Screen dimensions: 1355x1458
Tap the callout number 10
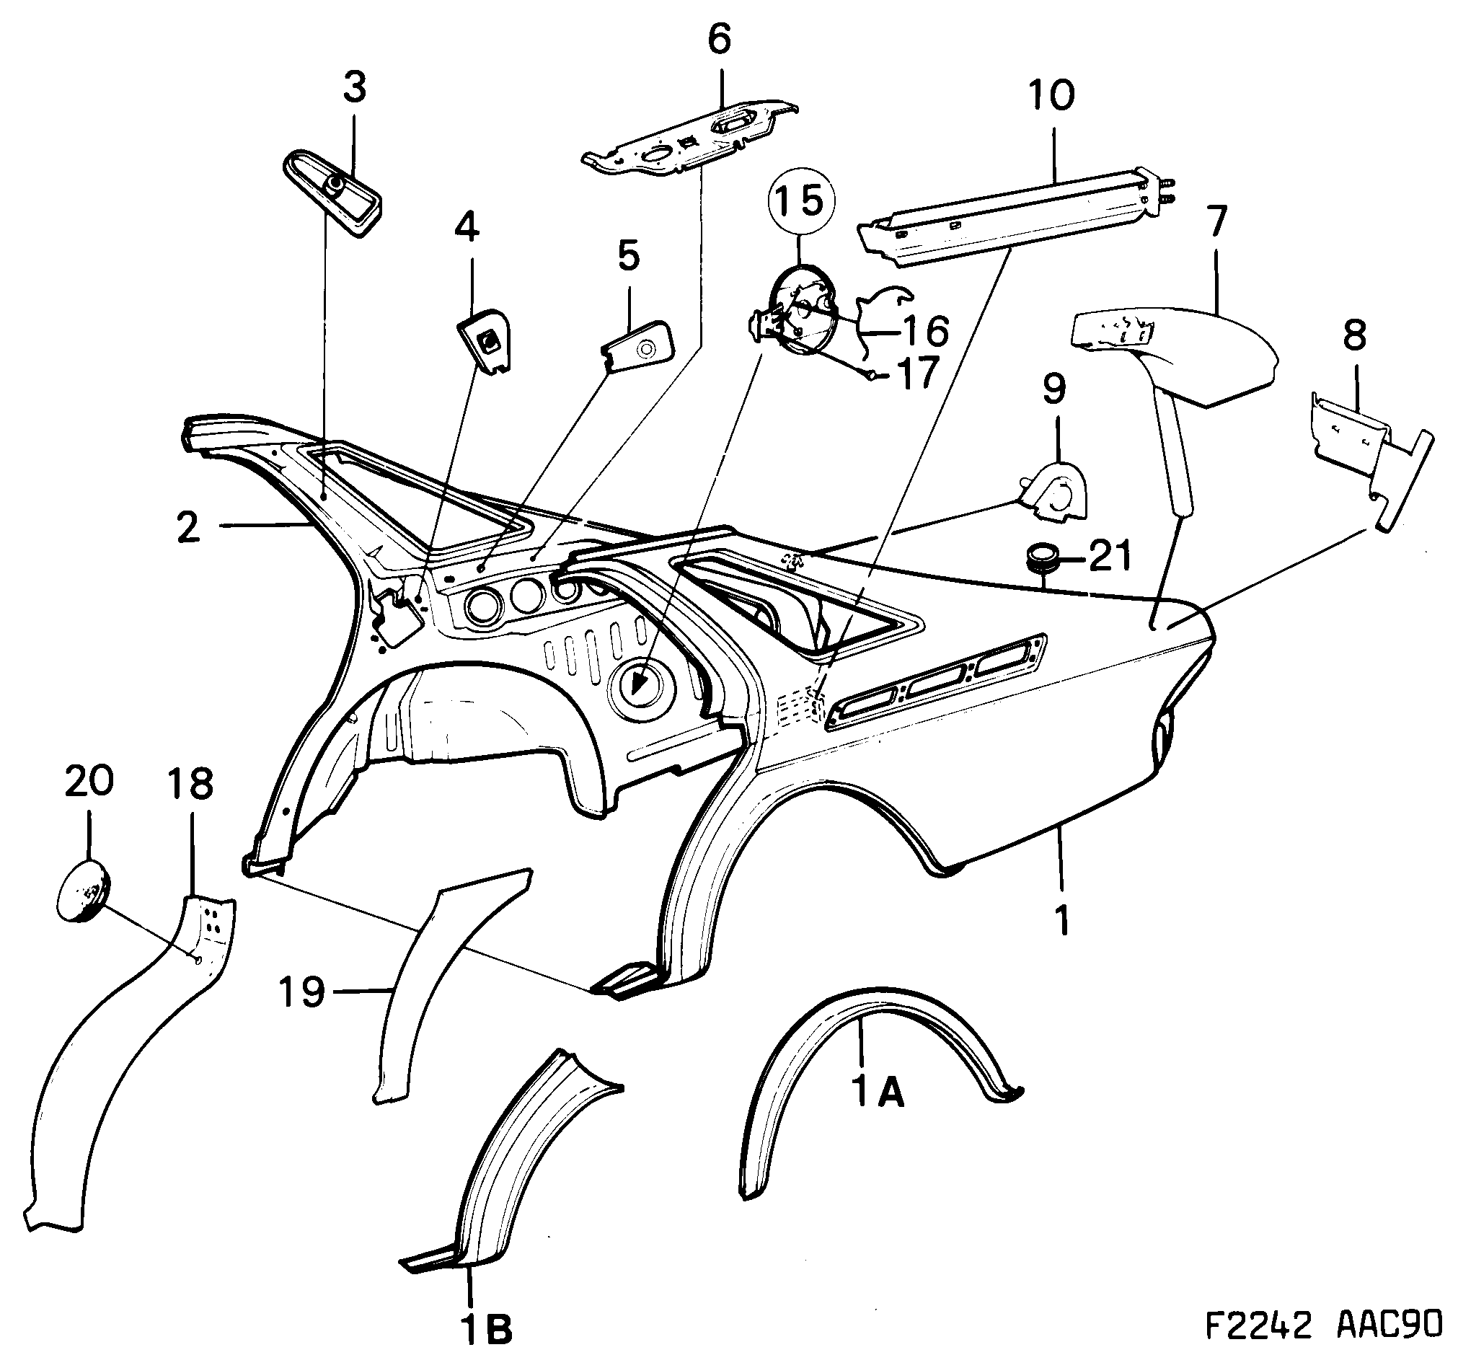click(x=1051, y=96)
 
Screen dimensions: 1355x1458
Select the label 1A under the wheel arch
click(x=879, y=1093)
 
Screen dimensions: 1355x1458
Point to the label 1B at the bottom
click(x=486, y=1328)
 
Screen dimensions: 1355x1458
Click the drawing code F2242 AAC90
click(x=1323, y=1324)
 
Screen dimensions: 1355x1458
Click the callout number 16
click(x=926, y=331)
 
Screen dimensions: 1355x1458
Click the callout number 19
click(x=301, y=992)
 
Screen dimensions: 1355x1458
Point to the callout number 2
click(x=188, y=527)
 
